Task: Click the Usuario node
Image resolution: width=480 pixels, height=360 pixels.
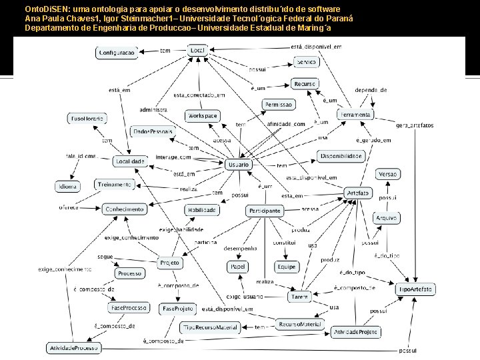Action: (238, 164)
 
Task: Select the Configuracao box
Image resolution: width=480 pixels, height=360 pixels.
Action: (117, 53)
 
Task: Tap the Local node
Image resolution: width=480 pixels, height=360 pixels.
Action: (197, 51)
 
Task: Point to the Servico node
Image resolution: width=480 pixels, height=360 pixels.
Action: (307, 61)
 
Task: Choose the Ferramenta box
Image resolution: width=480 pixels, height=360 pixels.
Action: (355, 115)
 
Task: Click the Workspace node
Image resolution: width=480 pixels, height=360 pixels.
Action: (202, 116)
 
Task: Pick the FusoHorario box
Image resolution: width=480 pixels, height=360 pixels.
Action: (87, 119)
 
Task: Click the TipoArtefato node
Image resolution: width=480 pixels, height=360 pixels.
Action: (417, 289)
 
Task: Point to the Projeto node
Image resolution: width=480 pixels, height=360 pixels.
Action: (170, 263)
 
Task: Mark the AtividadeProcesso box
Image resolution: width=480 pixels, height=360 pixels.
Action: (73, 348)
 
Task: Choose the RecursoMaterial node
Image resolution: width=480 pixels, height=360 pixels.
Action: (300, 324)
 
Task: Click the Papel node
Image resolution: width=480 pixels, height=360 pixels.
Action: (238, 267)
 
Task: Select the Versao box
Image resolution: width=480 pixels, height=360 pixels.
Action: (388, 174)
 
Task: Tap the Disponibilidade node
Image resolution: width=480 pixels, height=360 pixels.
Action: (341, 156)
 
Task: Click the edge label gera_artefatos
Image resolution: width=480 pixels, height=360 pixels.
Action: (415, 125)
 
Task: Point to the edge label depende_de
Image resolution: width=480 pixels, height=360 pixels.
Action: (372, 89)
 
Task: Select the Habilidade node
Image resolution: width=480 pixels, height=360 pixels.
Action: (201, 210)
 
